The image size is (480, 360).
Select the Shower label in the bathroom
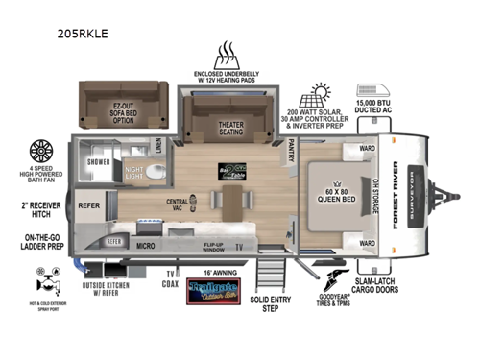click(x=98, y=162)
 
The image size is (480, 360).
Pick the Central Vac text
click(x=178, y=205)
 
